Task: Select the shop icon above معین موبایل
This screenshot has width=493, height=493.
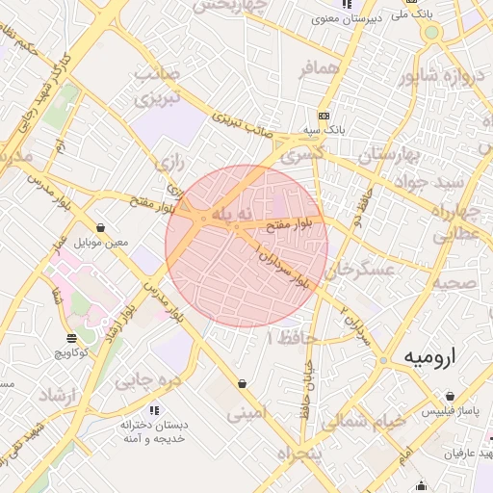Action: point(100,228)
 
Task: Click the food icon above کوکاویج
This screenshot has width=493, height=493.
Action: point(71,338)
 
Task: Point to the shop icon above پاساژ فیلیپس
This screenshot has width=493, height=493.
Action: point(450,396)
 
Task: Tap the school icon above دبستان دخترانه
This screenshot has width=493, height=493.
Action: point(156,409)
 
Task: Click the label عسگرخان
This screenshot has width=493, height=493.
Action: point(361,272)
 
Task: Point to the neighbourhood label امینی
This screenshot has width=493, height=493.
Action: point(247,414)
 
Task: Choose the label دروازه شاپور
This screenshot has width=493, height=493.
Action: point(447,76)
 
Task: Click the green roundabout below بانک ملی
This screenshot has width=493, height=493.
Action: point(430,33)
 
